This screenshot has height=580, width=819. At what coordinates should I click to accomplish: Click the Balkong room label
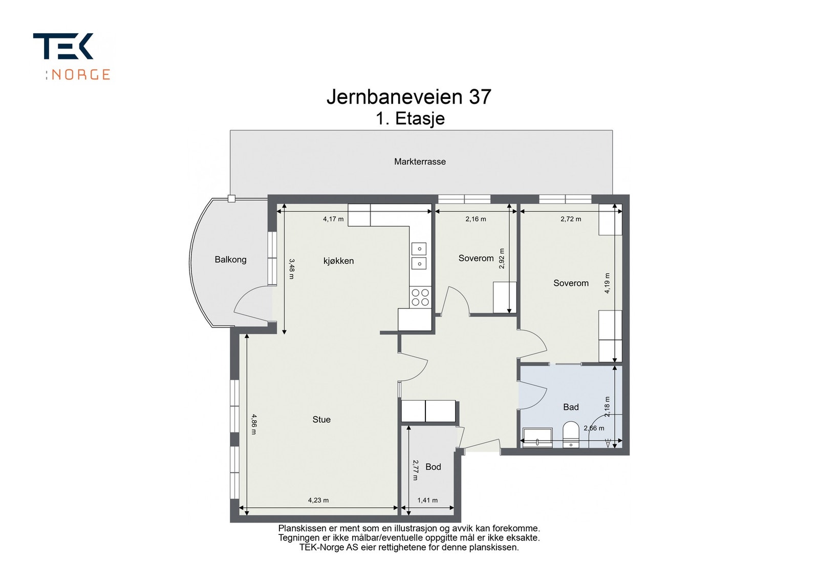[x=230, y=259]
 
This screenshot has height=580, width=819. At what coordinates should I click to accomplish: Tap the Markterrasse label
[x=420, y=161]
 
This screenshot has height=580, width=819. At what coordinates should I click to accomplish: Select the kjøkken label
[x=338, y=261]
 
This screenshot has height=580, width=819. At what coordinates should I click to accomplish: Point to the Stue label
[x=321, y=419]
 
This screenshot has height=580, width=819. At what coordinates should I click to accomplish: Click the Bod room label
[x=433, y=467]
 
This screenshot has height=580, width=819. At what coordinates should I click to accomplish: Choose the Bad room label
[x=571, y=407]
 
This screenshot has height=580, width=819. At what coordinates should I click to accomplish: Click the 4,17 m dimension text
[x=333, y=219]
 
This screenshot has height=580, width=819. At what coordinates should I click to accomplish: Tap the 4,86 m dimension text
[x=254, y=424]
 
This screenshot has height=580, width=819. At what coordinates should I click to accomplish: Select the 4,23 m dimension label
[x=318, y=500]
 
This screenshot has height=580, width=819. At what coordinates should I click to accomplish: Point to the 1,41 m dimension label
[x=427, y=500]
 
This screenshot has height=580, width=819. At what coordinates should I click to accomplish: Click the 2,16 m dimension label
[x=476, y=219]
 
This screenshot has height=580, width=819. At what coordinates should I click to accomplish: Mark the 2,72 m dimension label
[x=571, y=219]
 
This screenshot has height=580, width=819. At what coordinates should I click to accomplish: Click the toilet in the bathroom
[x=571, y=434]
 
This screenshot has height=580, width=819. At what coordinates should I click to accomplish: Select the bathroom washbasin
[x=537, y=438]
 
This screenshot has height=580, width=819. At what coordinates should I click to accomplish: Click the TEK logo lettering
[x=63, y=46]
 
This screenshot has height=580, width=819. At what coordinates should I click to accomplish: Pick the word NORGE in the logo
[x=80, y=75]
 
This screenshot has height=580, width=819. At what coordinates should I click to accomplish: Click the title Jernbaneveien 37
[x=409, y=97]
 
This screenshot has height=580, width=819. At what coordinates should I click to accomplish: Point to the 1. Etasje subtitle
[x=410, y=118]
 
